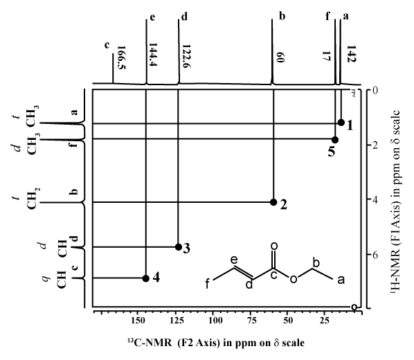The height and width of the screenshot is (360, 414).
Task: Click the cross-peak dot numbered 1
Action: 341,123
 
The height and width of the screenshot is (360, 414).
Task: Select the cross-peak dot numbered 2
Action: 273,202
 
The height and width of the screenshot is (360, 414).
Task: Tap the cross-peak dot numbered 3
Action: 179,247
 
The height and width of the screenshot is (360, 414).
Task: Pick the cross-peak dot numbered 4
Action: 146,278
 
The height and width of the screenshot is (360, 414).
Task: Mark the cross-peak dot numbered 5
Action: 335,140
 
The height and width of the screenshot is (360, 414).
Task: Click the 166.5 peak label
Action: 121,57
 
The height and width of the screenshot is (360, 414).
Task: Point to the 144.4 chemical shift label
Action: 153,55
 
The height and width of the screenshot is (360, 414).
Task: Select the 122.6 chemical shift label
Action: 186,56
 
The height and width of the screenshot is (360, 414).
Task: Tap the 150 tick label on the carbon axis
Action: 137,321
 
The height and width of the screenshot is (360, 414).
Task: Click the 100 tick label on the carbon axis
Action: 215,321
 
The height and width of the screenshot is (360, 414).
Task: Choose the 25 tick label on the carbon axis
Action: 325,321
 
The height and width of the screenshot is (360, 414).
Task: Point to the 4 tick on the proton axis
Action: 375,199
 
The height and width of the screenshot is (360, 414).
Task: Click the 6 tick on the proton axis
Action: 375,255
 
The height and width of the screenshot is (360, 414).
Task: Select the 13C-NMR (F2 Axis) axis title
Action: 216,343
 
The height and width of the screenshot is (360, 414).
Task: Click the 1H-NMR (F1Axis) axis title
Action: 395,200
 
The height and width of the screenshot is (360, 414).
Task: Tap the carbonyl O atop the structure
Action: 274,246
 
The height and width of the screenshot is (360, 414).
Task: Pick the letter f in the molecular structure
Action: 208,284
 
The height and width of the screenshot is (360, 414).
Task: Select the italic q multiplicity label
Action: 46,279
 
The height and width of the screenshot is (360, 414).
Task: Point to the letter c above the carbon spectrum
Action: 107,45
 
